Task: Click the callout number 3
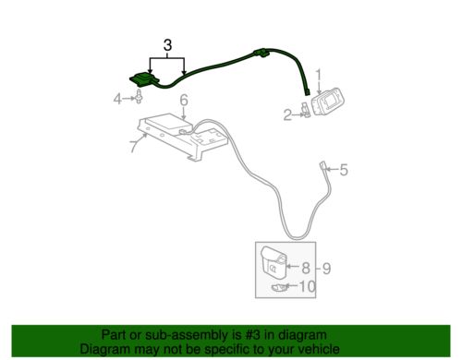click(167, 45)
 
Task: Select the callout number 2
click(287, 115)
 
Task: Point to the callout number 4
click(117, 99)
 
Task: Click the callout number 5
click(344, 170)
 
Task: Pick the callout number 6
click(184, 101)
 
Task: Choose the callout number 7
click(133, 146)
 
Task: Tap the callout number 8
click(306, 268)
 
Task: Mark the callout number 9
click(326, 269)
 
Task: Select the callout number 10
click(308, 286)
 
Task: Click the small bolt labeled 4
click(139, 96)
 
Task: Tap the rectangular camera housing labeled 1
click(328, 102)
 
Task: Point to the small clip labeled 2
click(306, 110)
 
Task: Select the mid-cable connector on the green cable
click(261, 53)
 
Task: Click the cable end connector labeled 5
click(323, 165)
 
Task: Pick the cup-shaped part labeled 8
click(274, 262)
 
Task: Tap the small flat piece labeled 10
click(279, 288)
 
